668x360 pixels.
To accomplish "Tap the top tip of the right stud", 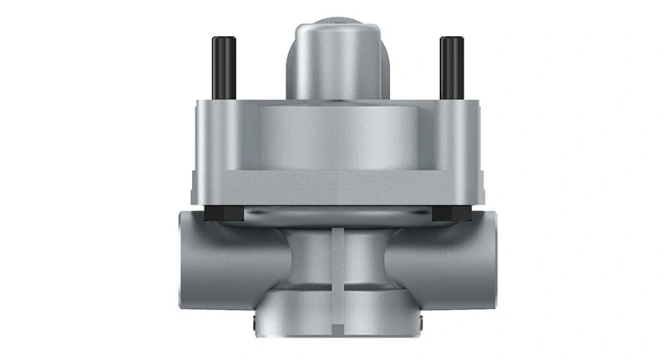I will point(451,38).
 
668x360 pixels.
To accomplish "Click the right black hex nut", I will point(451,213).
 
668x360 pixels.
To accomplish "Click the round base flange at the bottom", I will point(334,322).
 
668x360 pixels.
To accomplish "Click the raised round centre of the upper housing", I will point(334,138).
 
